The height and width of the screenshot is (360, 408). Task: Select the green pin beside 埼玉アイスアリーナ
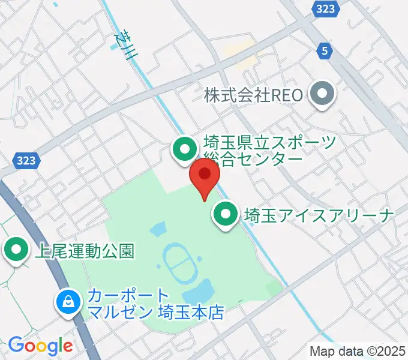[226, 214]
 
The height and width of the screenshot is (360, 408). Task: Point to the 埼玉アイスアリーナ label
[319, 215]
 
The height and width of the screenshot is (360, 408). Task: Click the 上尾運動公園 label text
[84, 250]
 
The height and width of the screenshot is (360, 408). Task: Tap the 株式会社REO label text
[255, 94]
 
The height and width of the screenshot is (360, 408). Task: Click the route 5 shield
[325, 52]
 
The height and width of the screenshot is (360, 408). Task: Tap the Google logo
[40, 346]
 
